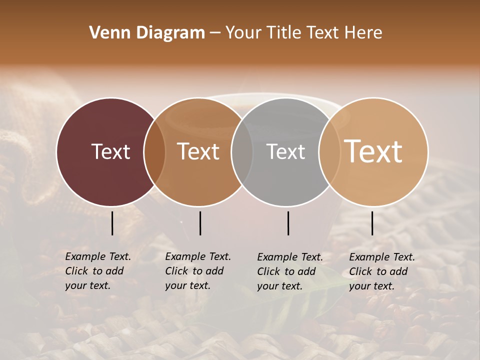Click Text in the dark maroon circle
click(x=110, y=152)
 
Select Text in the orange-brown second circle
click(x=198, y=152)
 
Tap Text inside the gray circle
click(x=286, y=152)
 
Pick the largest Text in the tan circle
click(x=373, y=152)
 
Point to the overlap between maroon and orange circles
click(x=154, y=152)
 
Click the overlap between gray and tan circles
click(x=329, y=152)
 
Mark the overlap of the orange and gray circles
click(x=242, y=152)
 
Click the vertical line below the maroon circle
click(x=112, y=223)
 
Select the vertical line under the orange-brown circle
click(x=200, y=223)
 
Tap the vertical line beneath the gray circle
click(x=288, y=223)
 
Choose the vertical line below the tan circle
click(x=372, y=223)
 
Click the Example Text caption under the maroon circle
click(x=98, y=271)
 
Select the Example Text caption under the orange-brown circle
click(x=198, y=271)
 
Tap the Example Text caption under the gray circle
click(x=290, y=271)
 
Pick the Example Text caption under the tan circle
click(x=382, y=271)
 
